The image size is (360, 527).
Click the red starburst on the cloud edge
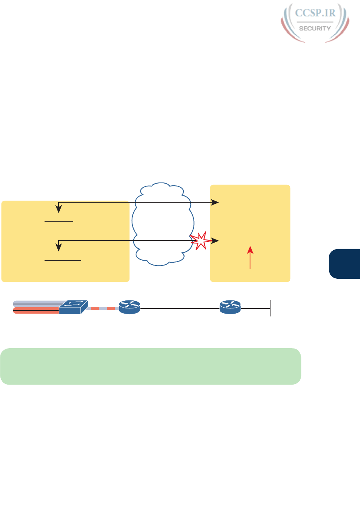click(200, 240)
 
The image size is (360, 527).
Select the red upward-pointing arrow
click(250, 257)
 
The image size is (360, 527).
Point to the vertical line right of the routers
click(270, 308)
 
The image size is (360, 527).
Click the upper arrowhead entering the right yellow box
click(216, 203)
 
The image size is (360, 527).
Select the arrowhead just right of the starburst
click(216, 241)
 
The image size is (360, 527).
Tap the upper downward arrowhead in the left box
click(59, 209)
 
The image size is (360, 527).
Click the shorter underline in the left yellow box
click(59, 221)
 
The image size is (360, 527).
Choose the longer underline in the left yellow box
click(63, 260)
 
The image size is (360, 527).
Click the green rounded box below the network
click(151, 366)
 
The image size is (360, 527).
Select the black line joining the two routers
click(180, 308)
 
